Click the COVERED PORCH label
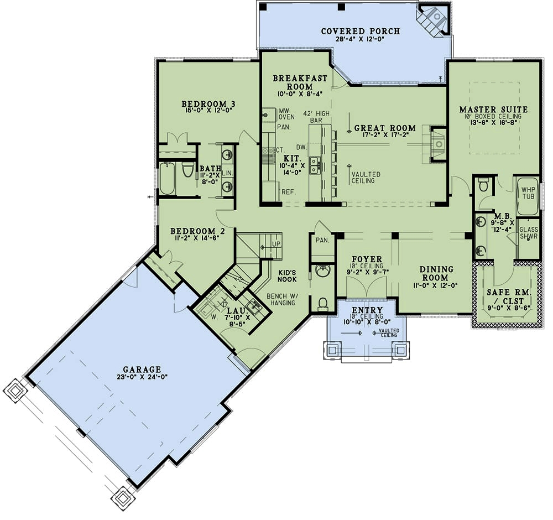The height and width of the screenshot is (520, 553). (x=360, y=31)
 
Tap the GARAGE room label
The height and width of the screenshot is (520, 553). (x=142, y=369)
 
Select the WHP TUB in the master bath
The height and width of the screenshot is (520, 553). (x=528, y=196)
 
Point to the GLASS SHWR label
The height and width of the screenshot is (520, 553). (x=529, y=233)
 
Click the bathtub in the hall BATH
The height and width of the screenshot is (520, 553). (x=168, y=178)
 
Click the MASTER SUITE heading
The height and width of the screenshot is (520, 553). (x=493, y=109)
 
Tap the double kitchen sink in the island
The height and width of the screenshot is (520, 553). (x=315, y=165)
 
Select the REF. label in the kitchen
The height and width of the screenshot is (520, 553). (x=287, y=192)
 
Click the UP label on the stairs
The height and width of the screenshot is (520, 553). (x=275, y=244)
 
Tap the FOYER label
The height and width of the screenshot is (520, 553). (x=367, y=258)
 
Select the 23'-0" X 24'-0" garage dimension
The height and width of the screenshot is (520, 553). (x=142, y=376)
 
